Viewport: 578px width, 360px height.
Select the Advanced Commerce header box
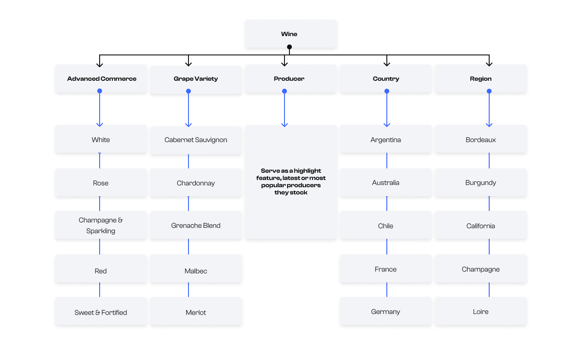pos(101,78)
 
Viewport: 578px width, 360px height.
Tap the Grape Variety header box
pos(196,79)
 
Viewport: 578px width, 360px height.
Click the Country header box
pos(386,78)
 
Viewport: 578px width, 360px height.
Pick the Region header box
pos(481,78)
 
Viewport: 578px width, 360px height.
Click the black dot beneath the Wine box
pos(289,47)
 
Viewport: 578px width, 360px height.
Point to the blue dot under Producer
pos(284,91)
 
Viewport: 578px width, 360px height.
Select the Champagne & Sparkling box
pos(101,225)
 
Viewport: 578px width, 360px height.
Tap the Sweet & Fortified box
pos(101,312)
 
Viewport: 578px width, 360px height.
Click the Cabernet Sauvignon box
pos(196,140)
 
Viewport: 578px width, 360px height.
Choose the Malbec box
pos(196,271)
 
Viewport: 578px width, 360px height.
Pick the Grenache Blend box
pos(196,226)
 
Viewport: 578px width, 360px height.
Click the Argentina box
pos(386,140)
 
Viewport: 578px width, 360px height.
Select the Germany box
pos(386,312)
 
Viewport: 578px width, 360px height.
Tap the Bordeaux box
pos(481,140)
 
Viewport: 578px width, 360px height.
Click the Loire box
pos(481,312)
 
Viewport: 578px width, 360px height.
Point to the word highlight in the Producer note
pos(307,171)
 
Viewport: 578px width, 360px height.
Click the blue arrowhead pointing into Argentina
pos(387,124)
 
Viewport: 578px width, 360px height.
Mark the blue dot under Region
pos(489,91)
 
